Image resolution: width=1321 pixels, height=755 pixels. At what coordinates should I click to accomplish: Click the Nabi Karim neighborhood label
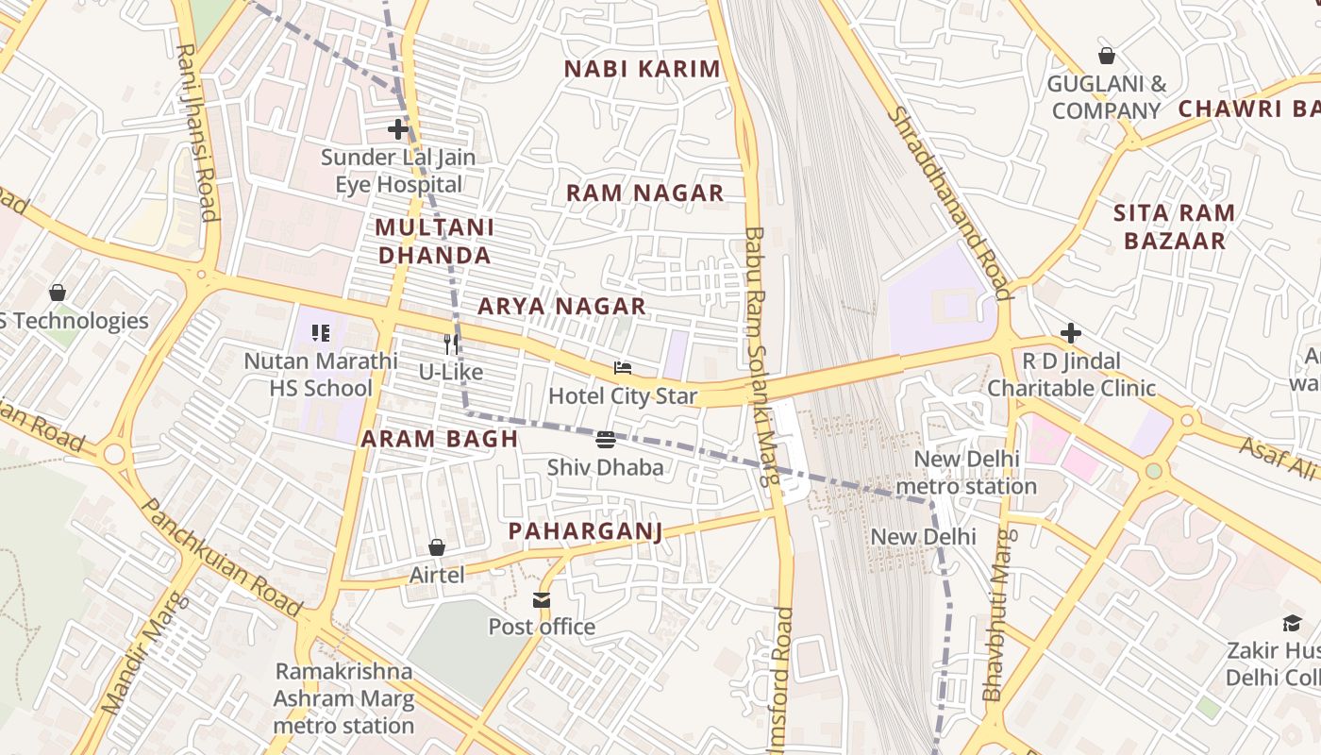(x=642, y=69)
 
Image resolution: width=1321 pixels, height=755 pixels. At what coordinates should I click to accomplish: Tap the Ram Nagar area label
(x=644, y=193)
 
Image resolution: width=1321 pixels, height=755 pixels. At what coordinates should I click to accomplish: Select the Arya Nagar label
(x=561, y=306)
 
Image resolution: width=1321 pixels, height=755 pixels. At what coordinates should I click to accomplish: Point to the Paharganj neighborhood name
(x=585, y=531)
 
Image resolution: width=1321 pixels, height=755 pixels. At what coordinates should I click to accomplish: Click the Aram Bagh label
(x=440, y=439)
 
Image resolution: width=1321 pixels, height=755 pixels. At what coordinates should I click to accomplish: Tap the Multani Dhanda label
(x=434, y=242)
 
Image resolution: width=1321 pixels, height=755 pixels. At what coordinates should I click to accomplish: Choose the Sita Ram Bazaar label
(x=1174, y=226)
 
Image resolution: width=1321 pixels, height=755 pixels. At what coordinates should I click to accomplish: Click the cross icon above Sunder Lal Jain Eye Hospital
(x=398, y=129)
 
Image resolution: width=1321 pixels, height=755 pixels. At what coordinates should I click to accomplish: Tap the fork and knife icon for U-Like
(x=451, y=344)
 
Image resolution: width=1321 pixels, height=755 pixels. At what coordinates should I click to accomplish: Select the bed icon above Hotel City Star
(x=622, y=368)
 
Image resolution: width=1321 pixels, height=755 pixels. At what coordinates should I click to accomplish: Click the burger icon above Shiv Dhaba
(x=606, y=440)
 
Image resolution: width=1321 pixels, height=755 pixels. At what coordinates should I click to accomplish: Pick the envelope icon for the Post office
(x=541, y=600)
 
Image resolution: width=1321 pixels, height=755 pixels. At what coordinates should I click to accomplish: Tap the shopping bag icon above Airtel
(x=437, y=547)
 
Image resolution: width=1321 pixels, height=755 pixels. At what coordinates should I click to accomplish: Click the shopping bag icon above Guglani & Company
(x=1106, y=57)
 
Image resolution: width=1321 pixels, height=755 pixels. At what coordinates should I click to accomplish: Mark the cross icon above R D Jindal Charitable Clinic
(x=1070, y=333)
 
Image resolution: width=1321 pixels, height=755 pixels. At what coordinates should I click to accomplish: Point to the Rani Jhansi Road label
(x=196, y=132)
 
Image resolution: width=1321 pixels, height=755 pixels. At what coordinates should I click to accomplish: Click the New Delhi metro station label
(x=965, y=473)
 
